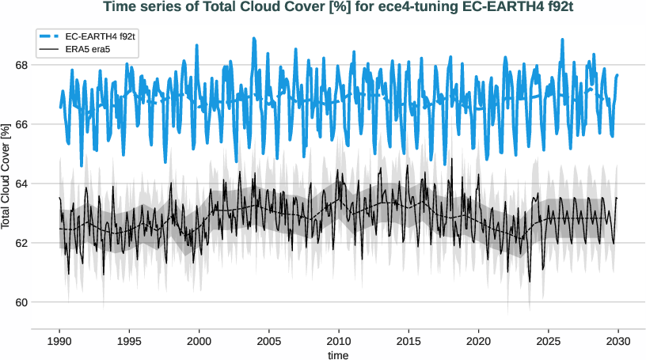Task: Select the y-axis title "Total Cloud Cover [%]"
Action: pos(6,176)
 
